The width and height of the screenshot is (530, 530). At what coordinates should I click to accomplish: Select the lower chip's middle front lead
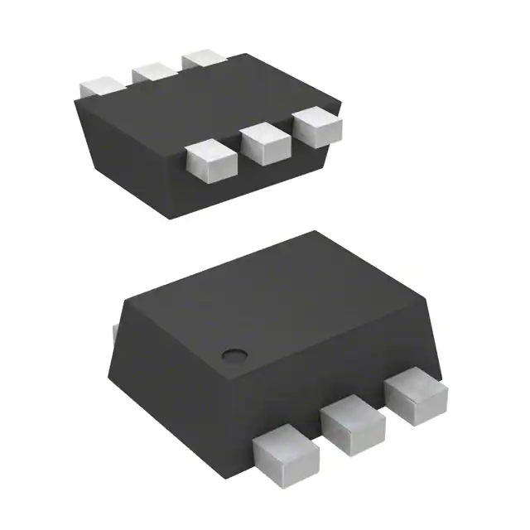point(352,422)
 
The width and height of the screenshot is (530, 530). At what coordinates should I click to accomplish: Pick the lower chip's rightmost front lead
point(417,392)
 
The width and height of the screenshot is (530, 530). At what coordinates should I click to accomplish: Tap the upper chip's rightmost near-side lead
point(317,125)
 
